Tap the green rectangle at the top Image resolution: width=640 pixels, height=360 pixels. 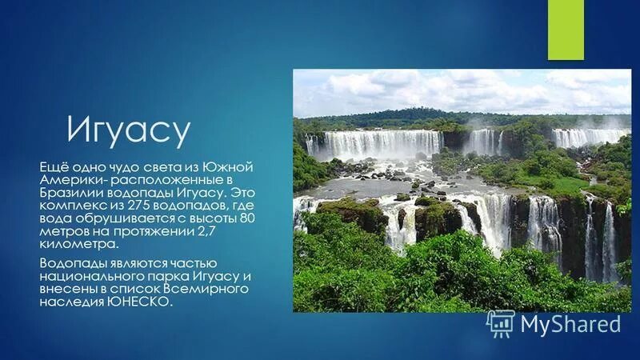click(566, 30)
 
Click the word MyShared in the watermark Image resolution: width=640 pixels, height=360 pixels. click(570, 323)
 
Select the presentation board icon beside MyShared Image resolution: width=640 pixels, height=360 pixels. click(501, 323)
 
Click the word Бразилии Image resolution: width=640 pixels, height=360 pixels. click(69, 193)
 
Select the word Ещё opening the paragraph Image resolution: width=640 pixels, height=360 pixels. click(54, 166)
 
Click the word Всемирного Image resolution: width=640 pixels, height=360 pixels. click(211, 289)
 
